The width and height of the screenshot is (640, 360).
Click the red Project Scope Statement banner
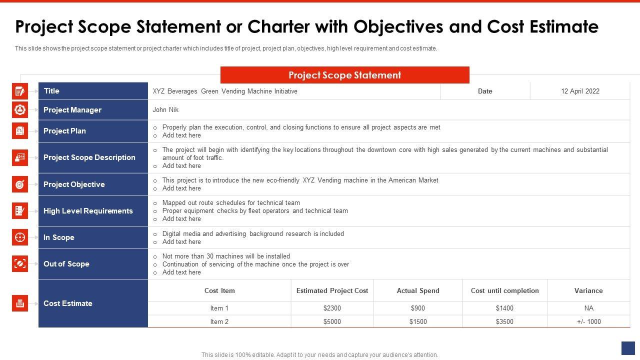pos(344,75)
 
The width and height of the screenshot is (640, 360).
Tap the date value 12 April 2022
pos(580,91)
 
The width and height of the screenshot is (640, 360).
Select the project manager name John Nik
pos(165,109)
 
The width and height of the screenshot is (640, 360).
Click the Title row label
pos(51,91)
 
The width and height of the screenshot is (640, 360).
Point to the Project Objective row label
pos(74,184)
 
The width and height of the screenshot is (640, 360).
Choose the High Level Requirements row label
pos(88,211)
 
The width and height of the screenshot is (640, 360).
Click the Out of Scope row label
pos(66,264)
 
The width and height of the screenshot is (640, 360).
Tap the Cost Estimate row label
pos(68,303)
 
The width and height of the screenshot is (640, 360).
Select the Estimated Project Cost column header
pos(332,290)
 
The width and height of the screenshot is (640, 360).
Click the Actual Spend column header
pos(418,290)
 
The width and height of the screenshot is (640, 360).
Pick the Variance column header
pos(588,290)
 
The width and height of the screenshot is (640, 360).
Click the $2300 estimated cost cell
pos(332,308)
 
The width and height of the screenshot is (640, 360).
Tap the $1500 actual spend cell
pos(418,321)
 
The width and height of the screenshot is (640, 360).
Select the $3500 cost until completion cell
pos(504,321)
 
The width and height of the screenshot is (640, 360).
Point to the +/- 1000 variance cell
pos(588,321)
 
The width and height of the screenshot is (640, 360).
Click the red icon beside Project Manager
pos(20,109)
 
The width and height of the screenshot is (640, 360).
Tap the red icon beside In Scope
pos(20,237)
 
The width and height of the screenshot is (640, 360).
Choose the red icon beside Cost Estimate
pos(20,303)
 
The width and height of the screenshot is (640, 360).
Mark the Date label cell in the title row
pos(485,91)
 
